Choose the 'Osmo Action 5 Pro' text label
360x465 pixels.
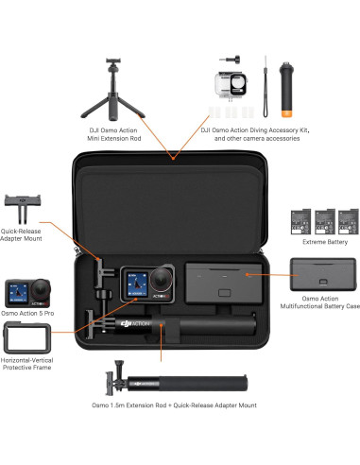[x=30, y=313]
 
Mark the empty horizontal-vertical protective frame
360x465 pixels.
[x=24, y=340]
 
